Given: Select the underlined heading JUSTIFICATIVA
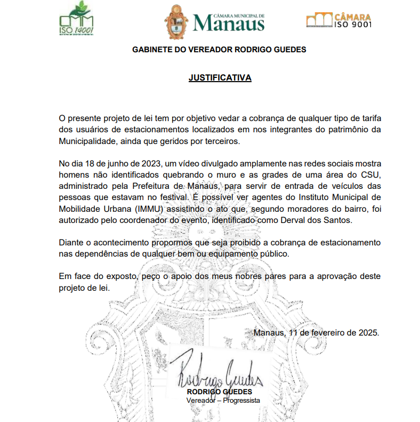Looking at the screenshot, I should click(220, 78).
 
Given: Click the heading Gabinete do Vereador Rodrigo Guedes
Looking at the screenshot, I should click(219, 50).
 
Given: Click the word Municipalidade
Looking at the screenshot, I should click(87, 141).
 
